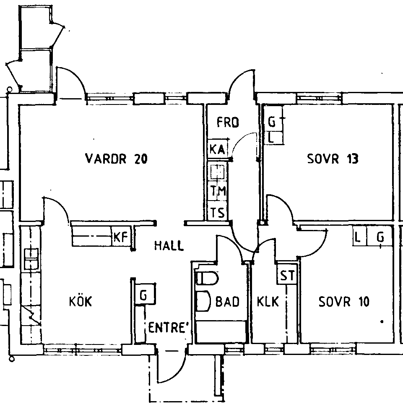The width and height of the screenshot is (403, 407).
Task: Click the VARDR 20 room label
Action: pos(116,159)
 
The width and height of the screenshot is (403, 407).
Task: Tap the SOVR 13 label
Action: pos(333,159)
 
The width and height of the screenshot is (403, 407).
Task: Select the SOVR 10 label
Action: pos(344,302)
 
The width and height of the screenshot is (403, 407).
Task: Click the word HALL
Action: pos(169,245)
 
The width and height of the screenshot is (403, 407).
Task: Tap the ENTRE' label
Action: pos(168,327)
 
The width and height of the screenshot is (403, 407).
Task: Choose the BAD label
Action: pos(227,302)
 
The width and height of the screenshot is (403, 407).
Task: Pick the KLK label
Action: pos(268,302)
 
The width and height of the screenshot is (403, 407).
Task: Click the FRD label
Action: pos(228,123)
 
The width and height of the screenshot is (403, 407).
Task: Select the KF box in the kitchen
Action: pos(121,237)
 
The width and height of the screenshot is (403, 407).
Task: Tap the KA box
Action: pos(218,149)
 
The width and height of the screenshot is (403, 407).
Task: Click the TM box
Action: pos(218,191)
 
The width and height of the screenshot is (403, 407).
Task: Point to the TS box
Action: pos(218,213)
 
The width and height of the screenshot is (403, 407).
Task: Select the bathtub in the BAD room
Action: pos(221,331)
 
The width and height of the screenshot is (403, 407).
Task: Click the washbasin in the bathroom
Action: pos(203,301)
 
